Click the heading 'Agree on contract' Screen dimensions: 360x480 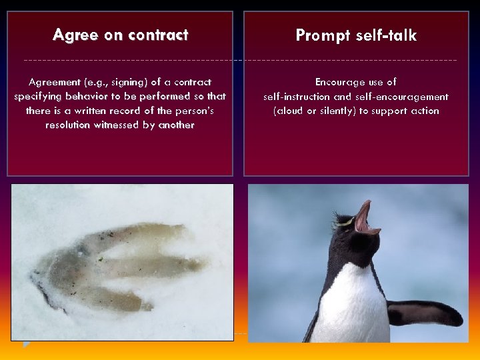[x=120, y=35]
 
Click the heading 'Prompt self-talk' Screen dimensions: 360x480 [x=356, y=36]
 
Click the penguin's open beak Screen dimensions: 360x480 [x=364, y=217]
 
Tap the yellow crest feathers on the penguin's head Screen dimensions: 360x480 [x=343, y=221]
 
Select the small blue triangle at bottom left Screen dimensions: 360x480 [x=27, y=344]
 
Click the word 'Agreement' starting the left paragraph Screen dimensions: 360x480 [x=53, y=82]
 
